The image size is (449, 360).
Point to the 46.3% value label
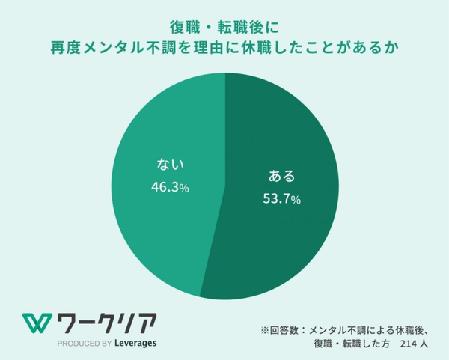[x=168, y=187]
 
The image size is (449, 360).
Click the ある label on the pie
[x=281, y=177]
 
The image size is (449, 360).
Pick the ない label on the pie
[x=168, y=165]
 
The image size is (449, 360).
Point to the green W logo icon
[x=36, y=322]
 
